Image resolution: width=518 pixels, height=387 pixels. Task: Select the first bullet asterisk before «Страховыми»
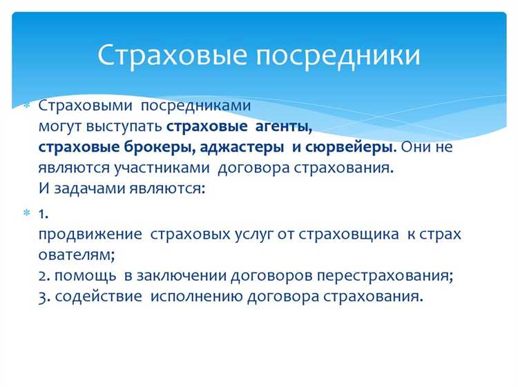(x=27, y=108)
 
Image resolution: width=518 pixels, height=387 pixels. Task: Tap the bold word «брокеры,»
(x=164, y=148)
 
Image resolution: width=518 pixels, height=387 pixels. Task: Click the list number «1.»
(x=43, y=213)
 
